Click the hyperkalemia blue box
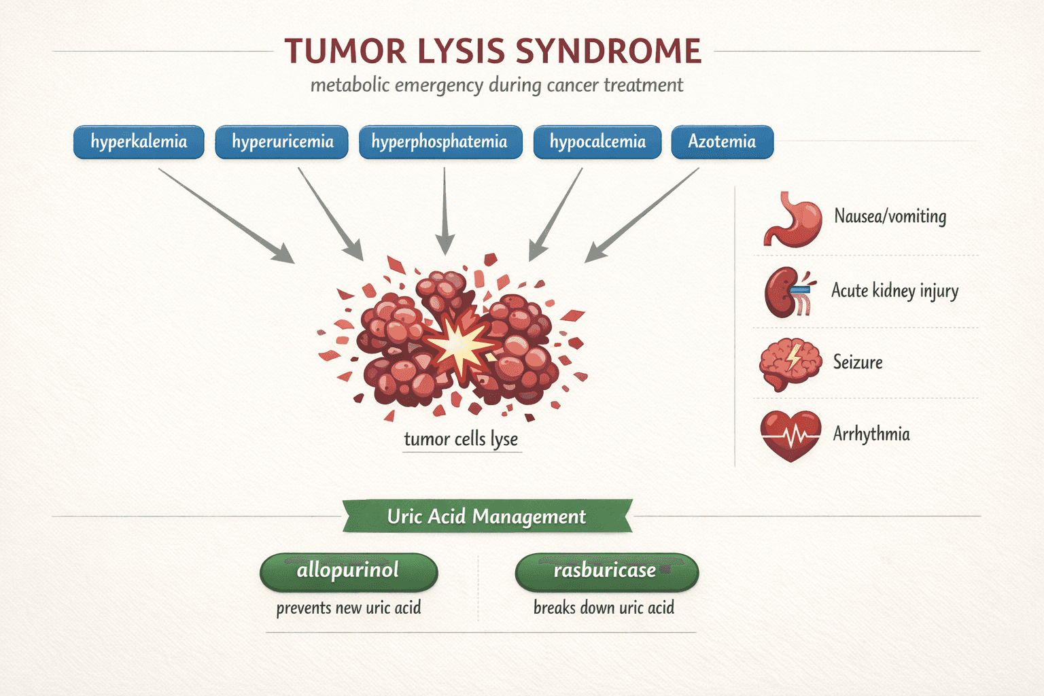139,142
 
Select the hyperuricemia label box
282,142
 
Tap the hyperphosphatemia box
440,142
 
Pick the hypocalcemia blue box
597,142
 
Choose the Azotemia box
722,142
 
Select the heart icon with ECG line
790,435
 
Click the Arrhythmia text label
871,434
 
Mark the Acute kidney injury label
894,291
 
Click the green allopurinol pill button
349,571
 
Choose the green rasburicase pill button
606,571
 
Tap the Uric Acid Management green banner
487,517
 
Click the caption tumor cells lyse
461,439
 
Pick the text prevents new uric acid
349,608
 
